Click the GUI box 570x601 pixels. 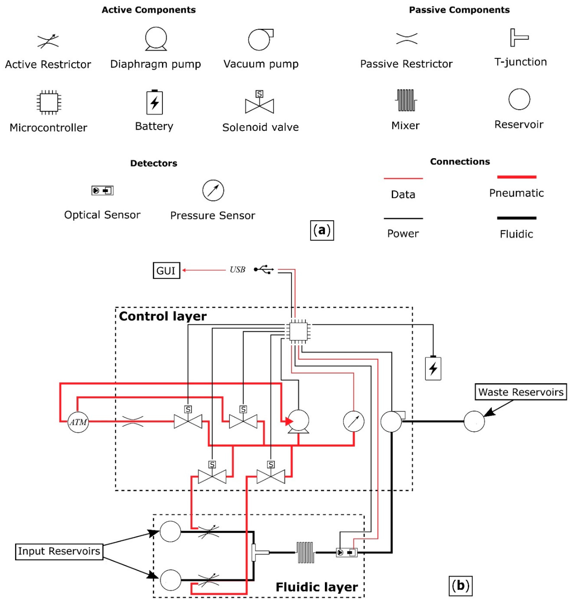pyautogui.click(x=166, y=270)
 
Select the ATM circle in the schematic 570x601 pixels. pyautogui.click(x=78, y=422)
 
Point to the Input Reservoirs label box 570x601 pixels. pyautogui.click(x=59, y=551)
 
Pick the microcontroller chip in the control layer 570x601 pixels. pyautogui.click(x=298, y=331)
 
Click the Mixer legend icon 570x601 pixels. pyautogui.click(x=406, y=100)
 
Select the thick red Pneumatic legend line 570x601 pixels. pyautogui.click(x=516, y=177)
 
